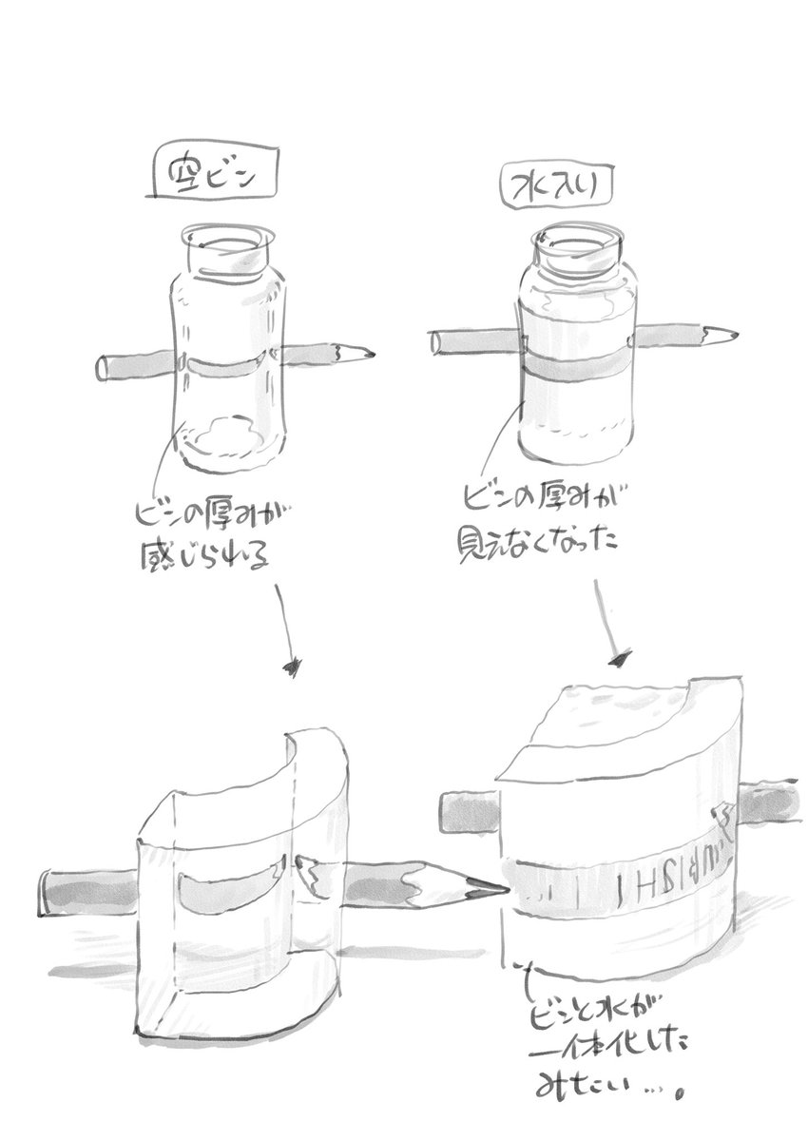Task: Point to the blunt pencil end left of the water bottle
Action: click(x=436, y=343)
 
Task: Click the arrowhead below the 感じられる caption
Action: click(x=294, y=665)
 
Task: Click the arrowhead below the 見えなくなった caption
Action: click(x=624, y=656)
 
